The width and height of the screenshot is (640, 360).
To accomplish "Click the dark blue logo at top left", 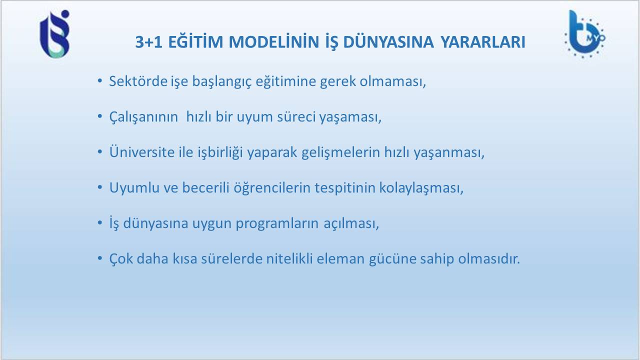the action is [x=54, y=34].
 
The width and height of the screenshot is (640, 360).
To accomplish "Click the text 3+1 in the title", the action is [x=148, y=42].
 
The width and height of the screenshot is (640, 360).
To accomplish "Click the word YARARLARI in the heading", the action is [x=482, y=42].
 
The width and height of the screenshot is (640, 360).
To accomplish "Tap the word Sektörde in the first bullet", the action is [x=138, y=81].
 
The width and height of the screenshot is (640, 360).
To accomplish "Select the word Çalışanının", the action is [x=143, y=117].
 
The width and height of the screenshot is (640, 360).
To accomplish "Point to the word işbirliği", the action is [x=220, y=152].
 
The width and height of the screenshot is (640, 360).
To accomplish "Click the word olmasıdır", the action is [x=489, y=258].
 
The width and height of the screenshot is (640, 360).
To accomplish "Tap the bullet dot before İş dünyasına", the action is [x=99, y=222].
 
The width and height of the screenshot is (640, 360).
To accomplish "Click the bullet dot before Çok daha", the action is [x=99, y=258].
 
